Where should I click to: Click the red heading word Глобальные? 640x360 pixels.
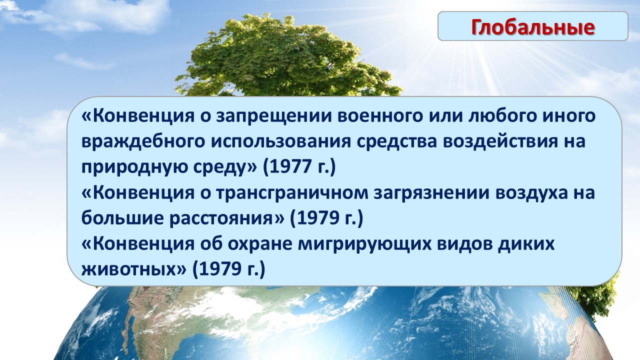(x=533, y=27)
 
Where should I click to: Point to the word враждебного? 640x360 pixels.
(x=143, y=142)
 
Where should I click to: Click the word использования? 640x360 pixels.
(x=281, y=142)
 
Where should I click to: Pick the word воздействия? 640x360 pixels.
(x=500, y=142)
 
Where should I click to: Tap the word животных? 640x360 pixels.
(x=127, y=269)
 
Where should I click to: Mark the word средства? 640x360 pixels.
(x=397, y=142)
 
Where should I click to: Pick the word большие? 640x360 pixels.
(x=122, y=218)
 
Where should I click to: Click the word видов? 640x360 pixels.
(x=464, y=244)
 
